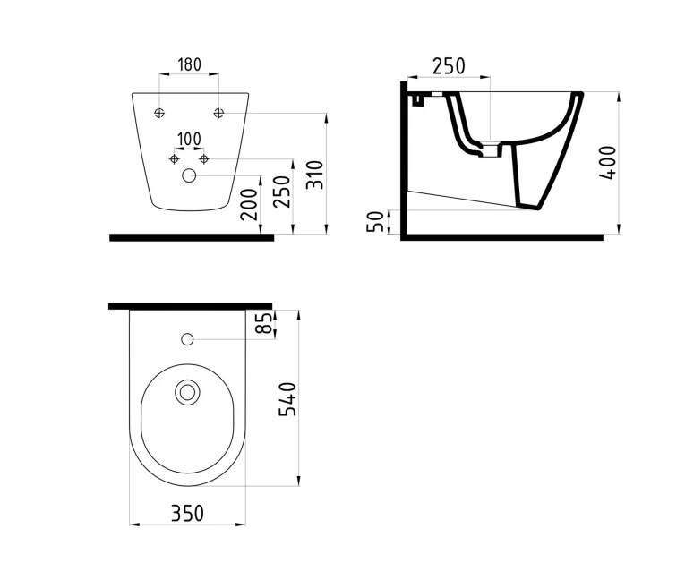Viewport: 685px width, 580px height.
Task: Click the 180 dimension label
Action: pos(190,64)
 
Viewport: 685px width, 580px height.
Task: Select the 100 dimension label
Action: pos(189,140)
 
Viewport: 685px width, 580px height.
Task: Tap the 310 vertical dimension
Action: pos(315,175)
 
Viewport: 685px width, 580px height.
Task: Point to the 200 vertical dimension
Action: pos(249,205)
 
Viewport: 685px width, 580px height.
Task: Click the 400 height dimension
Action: pos(608,163)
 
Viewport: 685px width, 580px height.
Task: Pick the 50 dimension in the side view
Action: pos(375,221)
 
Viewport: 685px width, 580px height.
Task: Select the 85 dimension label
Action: pos(264,323)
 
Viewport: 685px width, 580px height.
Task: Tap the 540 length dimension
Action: pos(287,399)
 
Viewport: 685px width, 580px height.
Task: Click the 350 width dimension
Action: pos(187,513)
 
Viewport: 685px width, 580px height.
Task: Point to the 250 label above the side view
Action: pos(450,66)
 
